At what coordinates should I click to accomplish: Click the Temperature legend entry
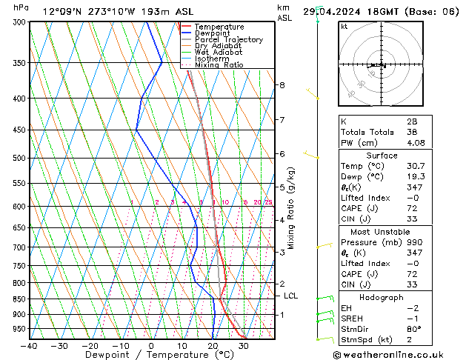(219, 26)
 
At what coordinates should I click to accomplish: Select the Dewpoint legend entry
(214, 33)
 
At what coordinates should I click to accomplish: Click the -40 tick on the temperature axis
(29, 345)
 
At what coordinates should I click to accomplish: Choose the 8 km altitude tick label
(282, 85)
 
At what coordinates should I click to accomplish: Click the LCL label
(291, 296)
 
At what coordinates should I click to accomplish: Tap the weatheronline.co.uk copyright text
(402, 353)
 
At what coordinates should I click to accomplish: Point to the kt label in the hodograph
(344, 27)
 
